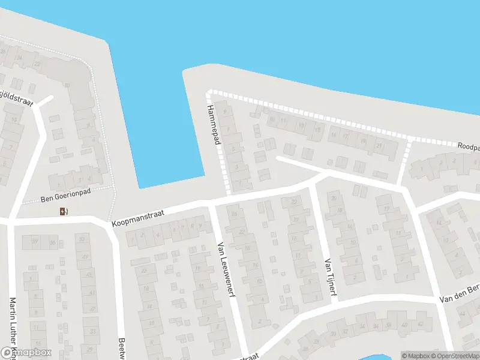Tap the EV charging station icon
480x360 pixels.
[x=64, y=211]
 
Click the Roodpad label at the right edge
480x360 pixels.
[x=469, y=146]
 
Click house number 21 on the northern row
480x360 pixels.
[x=379, y=145]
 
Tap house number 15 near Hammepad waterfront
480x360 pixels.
[x=317, y=129]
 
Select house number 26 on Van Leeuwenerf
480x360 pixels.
[x=234, y=214]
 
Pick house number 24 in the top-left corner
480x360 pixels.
[x=20, y=58]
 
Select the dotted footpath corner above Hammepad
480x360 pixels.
[x=209, y=93]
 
